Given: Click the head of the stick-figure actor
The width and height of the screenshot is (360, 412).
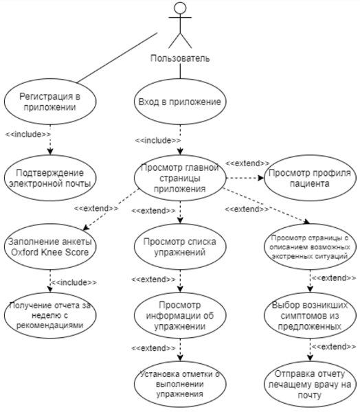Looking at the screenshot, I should click(x=180, y=9).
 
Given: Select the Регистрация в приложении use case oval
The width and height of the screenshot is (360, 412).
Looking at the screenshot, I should click(x=49, y=102).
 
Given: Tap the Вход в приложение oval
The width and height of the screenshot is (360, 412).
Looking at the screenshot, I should click(x=180, y=102).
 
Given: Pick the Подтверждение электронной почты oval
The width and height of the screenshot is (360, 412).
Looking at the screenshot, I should click(x=49, y=178).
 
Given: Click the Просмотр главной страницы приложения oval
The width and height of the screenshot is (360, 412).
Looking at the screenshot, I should click(x=180, y=178).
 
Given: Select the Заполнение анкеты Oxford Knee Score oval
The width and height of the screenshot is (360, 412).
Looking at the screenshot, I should click(x=49, y=247).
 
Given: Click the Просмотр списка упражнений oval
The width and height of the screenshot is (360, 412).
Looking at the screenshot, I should click(x=180, y=247).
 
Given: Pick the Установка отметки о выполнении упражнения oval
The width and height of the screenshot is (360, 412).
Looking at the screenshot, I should click(x=180, y=384).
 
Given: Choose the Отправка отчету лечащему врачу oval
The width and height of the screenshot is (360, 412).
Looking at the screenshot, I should click(x=308, y=384).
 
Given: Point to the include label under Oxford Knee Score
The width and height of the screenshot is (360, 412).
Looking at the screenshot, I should click(x=74, y=282).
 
